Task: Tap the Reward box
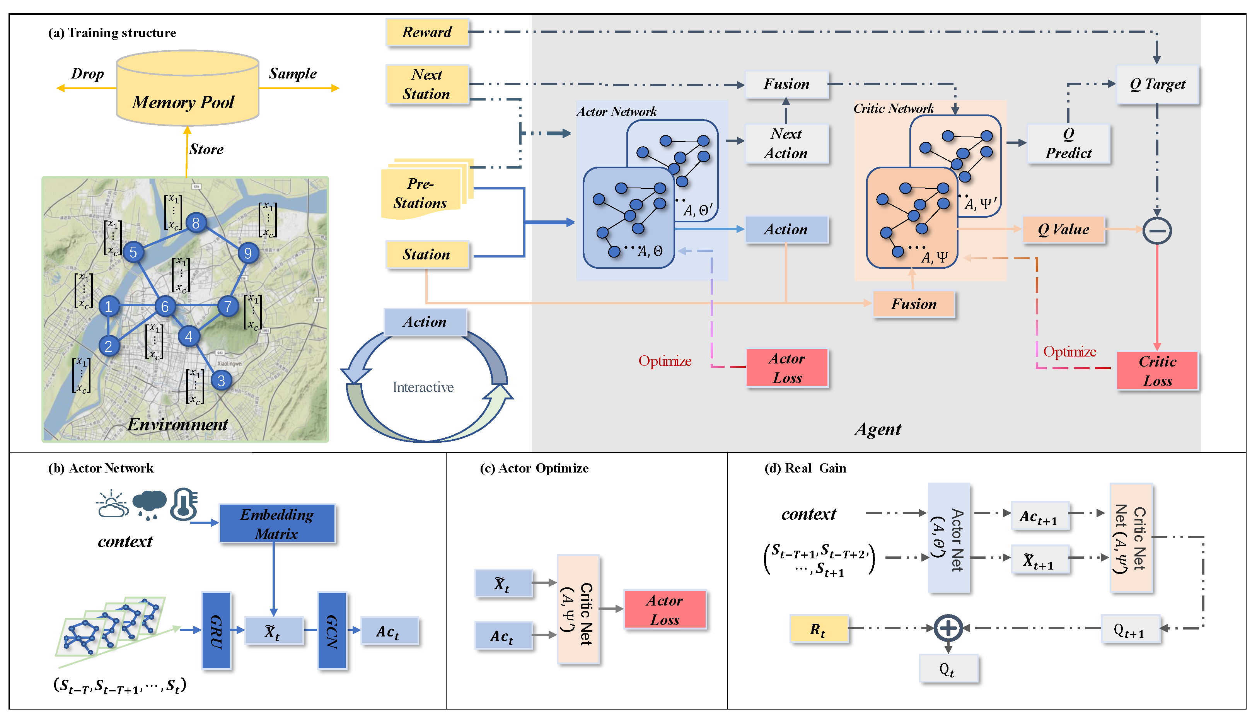point(427,32)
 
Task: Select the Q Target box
point(1157,85)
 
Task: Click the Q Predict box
point(1069,143)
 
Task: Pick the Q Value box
point(1063,229)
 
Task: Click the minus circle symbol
point(1156,230)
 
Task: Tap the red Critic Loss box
point(1157,371)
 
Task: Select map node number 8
point(196,223)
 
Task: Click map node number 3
point(222,380)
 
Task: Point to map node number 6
point(165,307)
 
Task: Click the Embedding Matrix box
point(277,524)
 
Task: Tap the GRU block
point(217,631)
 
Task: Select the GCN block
point(332,631)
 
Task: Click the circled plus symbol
point(948,628)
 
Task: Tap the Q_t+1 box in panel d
point(1130,629)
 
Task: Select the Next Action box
point(786,143)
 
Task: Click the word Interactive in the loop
point(423,387)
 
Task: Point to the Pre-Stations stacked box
point(421,193)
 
